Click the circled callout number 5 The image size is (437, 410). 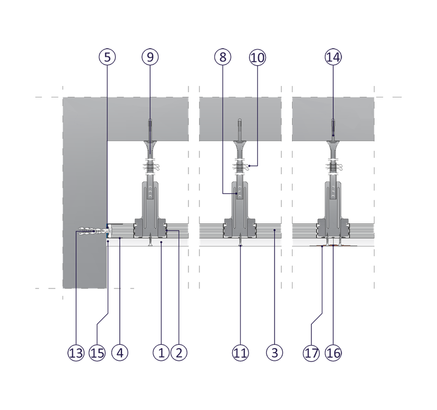click(107, 57)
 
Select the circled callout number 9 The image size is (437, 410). click(150, 57)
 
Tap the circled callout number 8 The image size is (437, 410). click(223, 57)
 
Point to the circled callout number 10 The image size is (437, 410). click(258, 57)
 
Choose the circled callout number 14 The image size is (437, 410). click(333, 57)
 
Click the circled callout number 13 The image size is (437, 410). click(76, 353)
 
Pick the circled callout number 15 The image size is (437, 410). click(97, 353)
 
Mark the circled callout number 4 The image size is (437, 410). click(120, 353)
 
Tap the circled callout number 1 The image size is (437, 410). click(161, 353)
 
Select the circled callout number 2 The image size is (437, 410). click(179, 353)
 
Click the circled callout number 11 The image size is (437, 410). click(240, 353)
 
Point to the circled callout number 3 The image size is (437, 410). click(275, 353)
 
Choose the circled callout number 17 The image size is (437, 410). click(311, 353)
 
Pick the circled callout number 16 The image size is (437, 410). click(333, 353)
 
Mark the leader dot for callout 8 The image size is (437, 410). click(236, 193)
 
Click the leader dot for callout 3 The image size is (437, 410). click(275, 230)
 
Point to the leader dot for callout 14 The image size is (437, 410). click(333, 135)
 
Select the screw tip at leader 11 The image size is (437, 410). click(240, 245)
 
